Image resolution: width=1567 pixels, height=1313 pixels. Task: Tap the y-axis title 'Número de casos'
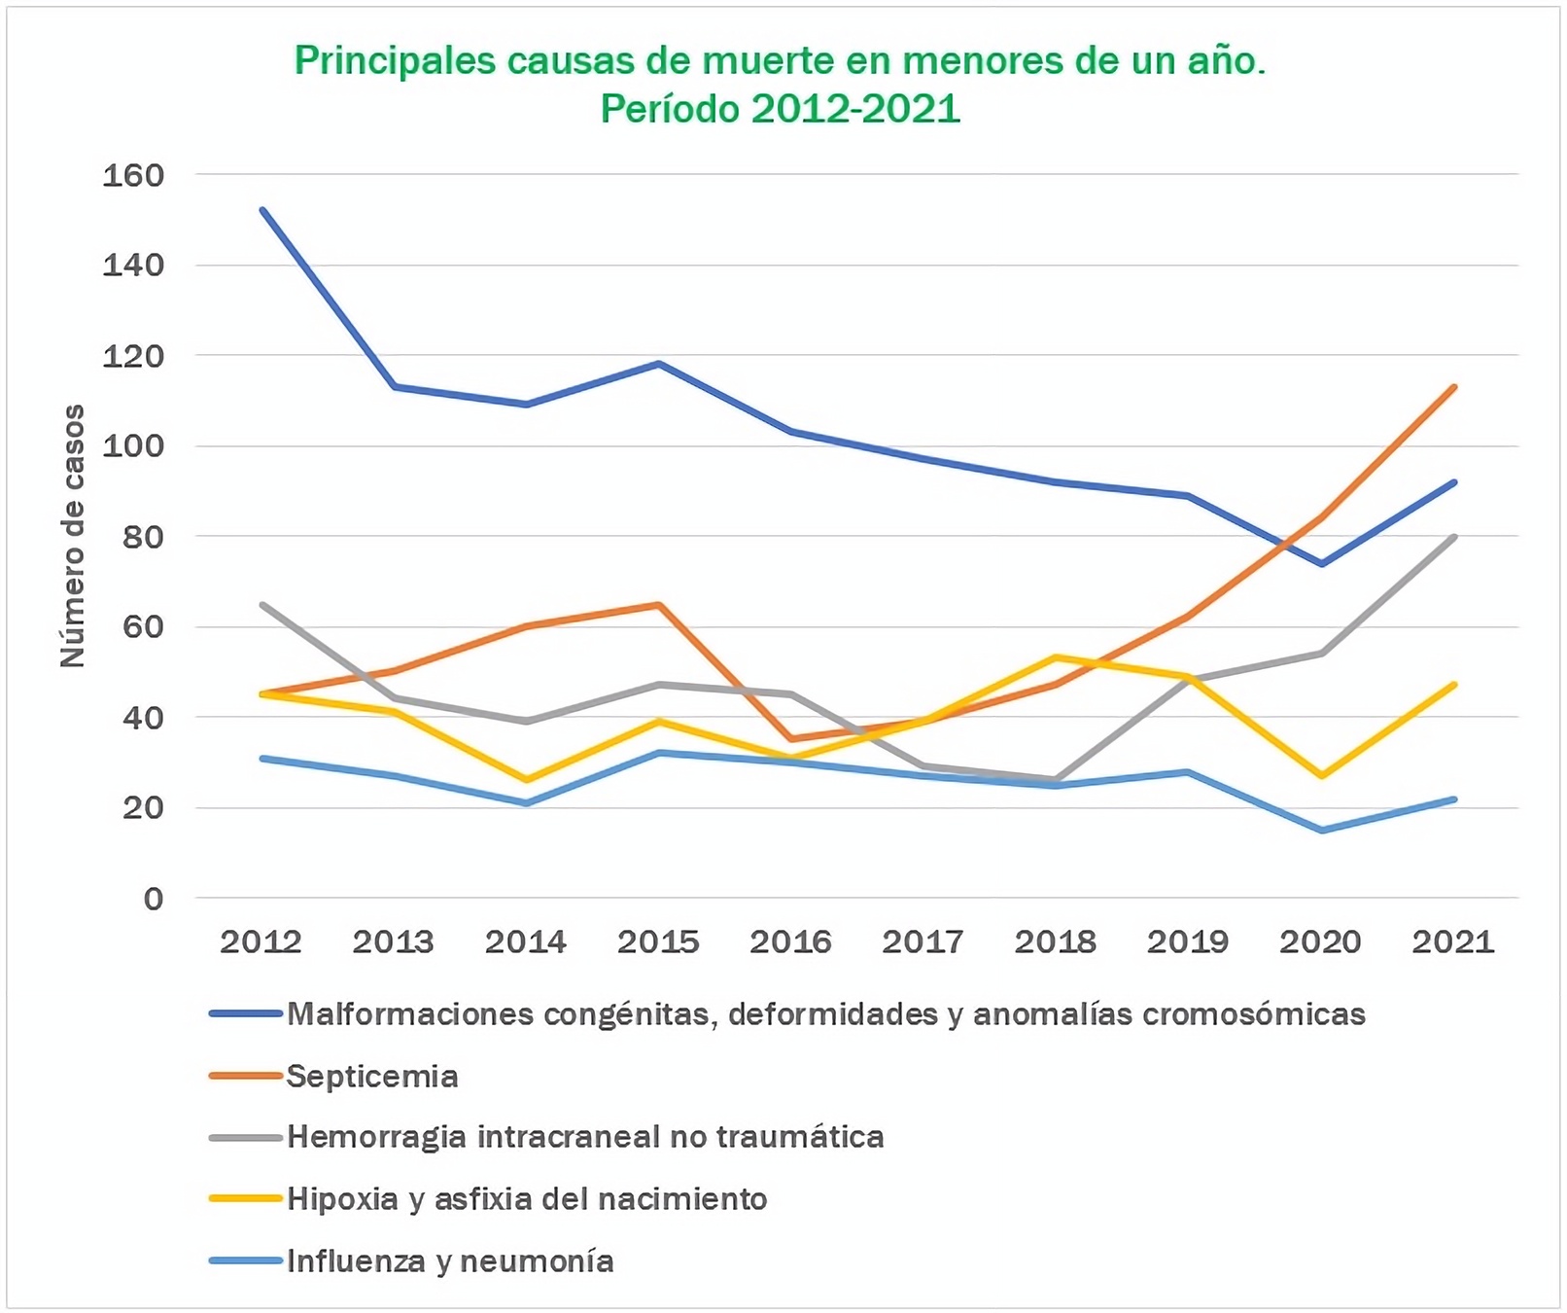click(x=73, y=536)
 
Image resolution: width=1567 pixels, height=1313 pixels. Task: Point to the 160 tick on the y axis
click(x=133, y=175)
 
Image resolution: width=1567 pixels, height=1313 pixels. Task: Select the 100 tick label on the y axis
click(x=133, y=446)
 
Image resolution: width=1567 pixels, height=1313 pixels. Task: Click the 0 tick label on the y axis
click(x=154, y=899)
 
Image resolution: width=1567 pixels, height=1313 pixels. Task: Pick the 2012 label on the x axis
click(x=261, y=941)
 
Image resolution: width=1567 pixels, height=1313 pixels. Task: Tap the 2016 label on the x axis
click(x=790, y=941)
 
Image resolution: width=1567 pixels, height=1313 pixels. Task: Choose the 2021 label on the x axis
click(x=1453, y=941)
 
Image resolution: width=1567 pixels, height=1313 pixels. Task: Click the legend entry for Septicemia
click(x=372, y=1077)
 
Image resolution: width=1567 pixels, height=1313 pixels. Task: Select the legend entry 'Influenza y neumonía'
click(x=450, y=1261)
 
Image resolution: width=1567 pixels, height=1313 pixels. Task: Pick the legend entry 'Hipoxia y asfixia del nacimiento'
click(x=527, y=1199)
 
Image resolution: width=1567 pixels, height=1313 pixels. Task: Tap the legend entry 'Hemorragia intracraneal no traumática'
click(x=585, y=1137)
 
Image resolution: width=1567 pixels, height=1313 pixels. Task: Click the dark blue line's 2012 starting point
click(x=262, y=210)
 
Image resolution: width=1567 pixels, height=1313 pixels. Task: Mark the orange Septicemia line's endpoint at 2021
click(x=1454, y=387)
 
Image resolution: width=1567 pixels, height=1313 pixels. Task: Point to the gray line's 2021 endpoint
click(x=1454, y=537)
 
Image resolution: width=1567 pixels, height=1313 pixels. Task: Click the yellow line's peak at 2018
click(x=1056, y=657)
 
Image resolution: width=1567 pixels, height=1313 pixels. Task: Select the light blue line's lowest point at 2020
click(x=1322, y=831)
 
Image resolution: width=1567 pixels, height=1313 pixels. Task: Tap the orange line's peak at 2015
click(x=659, y=605)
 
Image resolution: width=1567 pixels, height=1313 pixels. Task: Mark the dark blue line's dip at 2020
click(x=1322, y=564)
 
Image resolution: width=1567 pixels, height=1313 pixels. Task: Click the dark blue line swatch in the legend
click(x=246, y=1014)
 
